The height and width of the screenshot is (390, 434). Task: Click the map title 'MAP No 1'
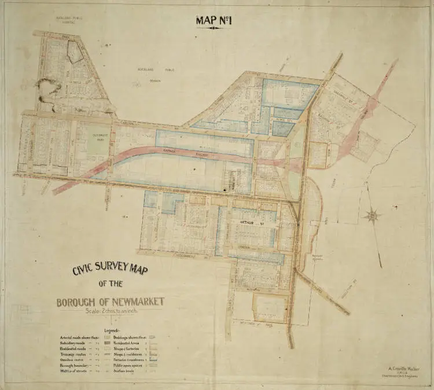(x=214, y=20)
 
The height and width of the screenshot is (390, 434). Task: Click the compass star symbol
(x=372, y=216)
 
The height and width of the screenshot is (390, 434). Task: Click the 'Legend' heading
(x=112, y=331)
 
